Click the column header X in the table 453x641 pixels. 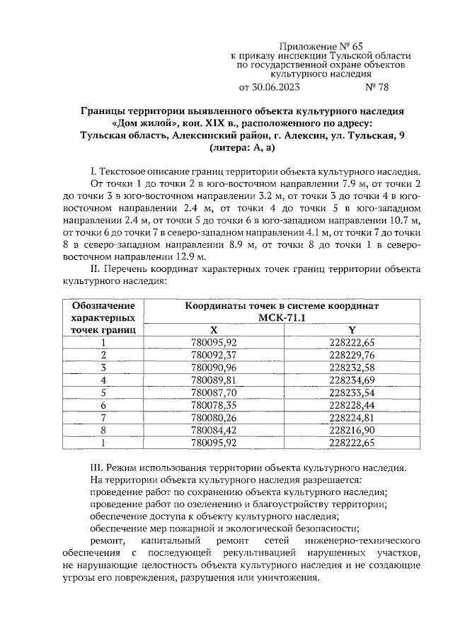pyautogui.click(x=214, y=330)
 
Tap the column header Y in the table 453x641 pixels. pyautogui.click(x=352, y=330)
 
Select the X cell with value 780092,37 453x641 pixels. pyautogui.click(x=214, y=355)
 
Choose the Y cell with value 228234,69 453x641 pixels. pyautogui.click(x=352, y=380)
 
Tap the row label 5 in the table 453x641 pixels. pyautogui.click(x=103, y=392)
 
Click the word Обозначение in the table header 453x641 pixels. pyautogui.click(x=103, y=306)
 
